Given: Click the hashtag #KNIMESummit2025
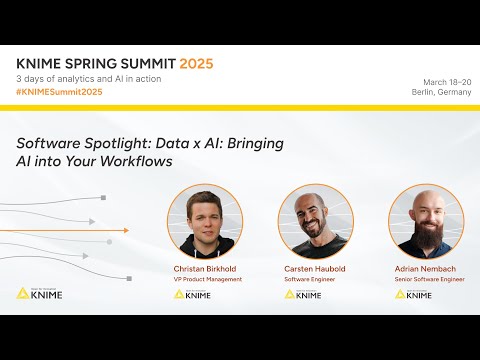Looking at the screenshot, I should (59, 92).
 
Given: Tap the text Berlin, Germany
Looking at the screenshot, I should (440, 92).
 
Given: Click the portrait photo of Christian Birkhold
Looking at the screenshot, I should (205, 222).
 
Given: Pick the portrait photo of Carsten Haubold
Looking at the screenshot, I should (315, 222).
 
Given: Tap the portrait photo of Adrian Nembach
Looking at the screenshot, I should (426, 222).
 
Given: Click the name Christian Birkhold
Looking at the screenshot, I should (205, 270).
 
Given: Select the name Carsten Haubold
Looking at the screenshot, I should (315, 270).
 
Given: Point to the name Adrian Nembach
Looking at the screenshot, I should (426, 270).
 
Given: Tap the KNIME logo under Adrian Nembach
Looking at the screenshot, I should (414, 294).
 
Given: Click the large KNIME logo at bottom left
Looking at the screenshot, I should (40, 294).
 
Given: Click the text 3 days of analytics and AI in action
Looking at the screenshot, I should (89, 79).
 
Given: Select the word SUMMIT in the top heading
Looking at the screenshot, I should (134, 63).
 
